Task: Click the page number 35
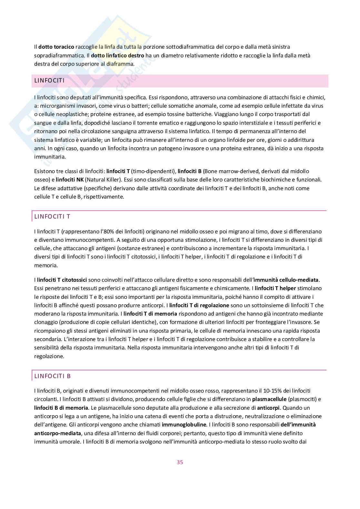(180, 462)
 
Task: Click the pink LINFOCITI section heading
(49, 81)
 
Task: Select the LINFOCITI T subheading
(52, 217)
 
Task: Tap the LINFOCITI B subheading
(53, 376)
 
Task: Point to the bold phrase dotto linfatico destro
(117, 55)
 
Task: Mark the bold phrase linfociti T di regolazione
(199, 305)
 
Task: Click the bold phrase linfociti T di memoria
(150, 314)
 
